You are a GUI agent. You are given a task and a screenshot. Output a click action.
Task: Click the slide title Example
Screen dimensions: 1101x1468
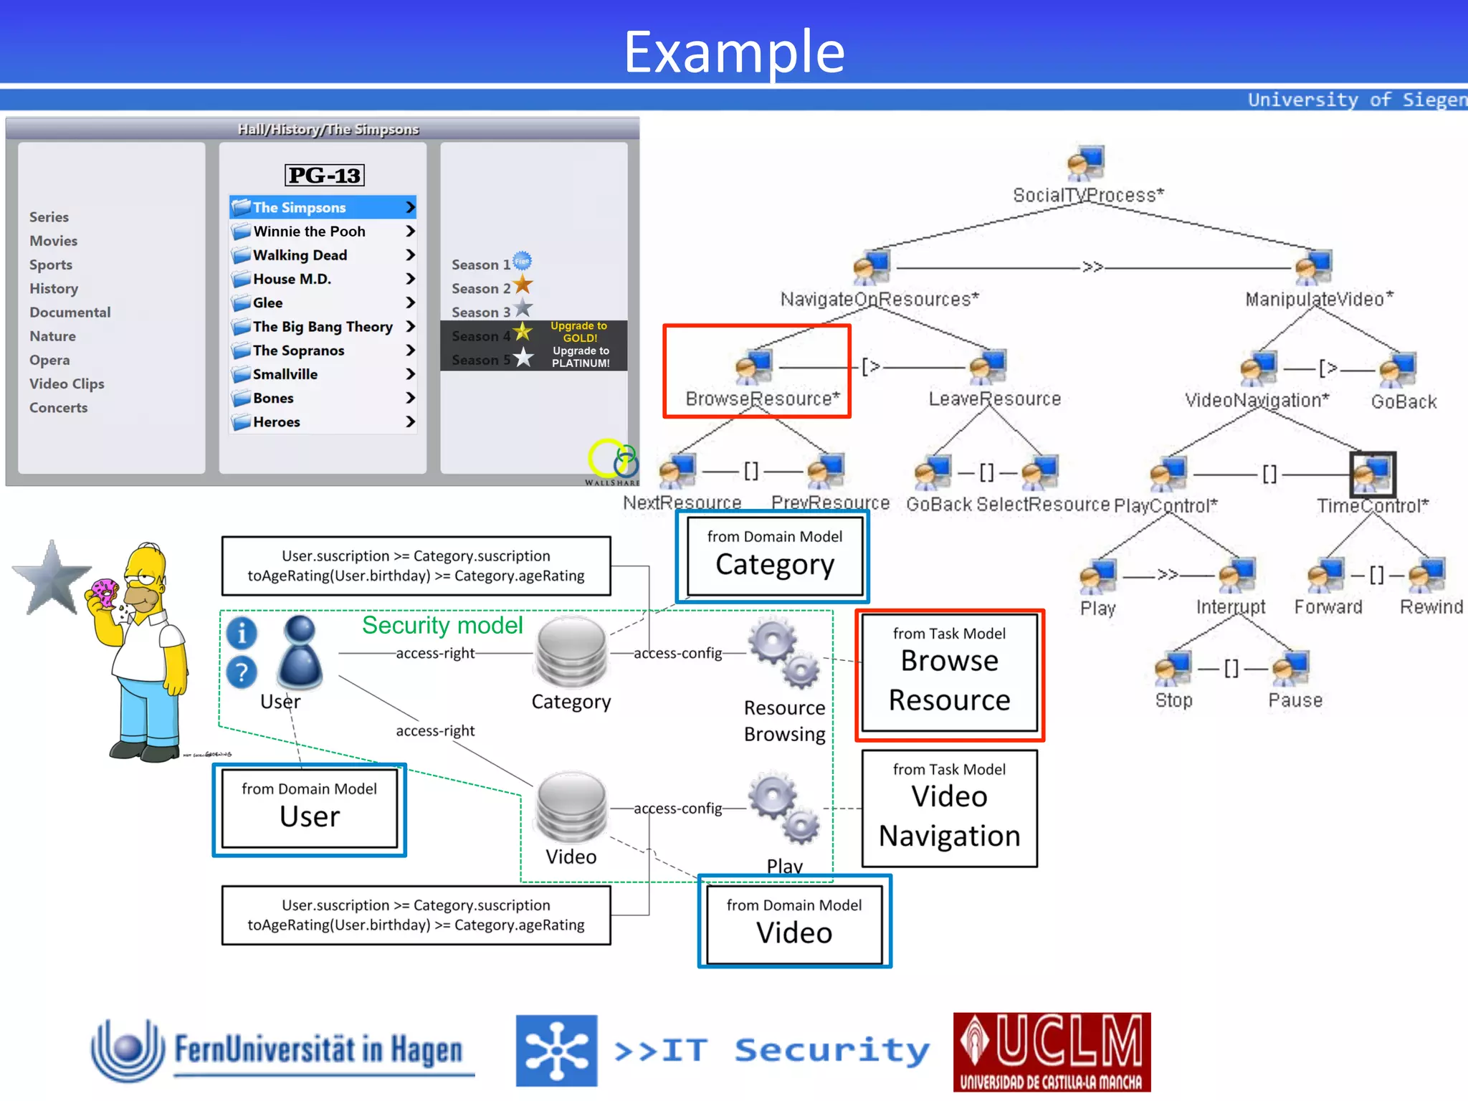(734, 52)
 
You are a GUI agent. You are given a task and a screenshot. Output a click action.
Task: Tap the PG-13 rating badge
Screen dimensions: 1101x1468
(325, 175)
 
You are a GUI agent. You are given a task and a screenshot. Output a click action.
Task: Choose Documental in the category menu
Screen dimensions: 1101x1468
(70, 313)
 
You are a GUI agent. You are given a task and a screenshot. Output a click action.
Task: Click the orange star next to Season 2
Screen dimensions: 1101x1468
(523, 285)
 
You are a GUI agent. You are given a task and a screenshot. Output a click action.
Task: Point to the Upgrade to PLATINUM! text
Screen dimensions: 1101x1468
(581, 357)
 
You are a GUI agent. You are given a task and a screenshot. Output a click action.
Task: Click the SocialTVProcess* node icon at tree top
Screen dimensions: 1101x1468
(1086, 163)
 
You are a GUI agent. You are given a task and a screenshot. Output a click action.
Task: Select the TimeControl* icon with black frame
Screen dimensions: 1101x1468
(1373, 474)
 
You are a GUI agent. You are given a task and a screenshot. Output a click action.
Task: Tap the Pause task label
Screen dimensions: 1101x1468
(1295, 700)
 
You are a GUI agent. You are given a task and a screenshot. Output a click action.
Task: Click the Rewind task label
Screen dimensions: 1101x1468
(1431, 607)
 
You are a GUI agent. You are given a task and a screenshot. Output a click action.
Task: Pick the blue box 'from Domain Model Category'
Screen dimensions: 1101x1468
(773, 557)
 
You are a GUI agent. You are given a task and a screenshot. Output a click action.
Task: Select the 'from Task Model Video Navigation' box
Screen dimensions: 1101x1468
(949, 809)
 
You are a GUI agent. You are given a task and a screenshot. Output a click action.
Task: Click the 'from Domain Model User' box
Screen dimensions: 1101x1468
(309, 809)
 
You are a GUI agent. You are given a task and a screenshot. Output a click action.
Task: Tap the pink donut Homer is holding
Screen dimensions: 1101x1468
(105, 592)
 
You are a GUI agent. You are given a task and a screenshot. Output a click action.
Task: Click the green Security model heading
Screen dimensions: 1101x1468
(442, 625)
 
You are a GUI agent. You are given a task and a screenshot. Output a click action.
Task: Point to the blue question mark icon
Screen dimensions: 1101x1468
(242, 672)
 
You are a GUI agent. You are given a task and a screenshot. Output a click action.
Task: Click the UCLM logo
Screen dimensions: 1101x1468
(1052, 1052)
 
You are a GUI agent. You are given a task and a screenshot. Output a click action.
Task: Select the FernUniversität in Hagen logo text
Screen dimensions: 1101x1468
(318, 1050)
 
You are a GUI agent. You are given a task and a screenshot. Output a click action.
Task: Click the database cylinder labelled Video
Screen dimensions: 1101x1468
(571, 806)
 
